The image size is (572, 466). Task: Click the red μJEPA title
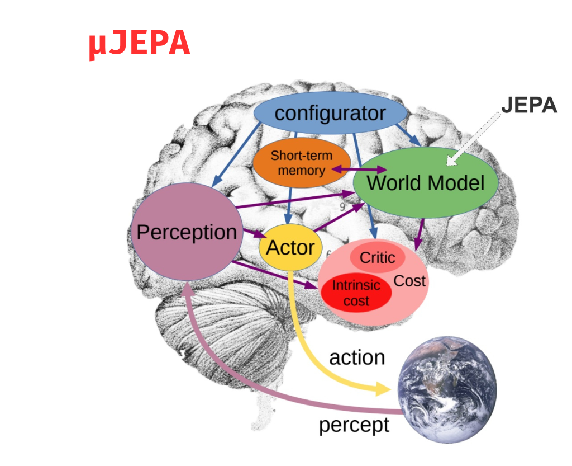tap(139, 44)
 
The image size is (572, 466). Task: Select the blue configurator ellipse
tap(330, 114)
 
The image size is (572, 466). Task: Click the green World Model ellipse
tap(426, 183)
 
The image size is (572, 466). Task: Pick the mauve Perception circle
tap(186, 232)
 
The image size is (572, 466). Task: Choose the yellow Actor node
tap(290, 248)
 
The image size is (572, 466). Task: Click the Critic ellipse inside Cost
tap(377, 258)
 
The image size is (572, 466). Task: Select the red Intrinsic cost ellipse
tap(356, 293)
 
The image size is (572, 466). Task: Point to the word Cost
tap(409, 281)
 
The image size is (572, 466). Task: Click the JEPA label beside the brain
tap(528, 105)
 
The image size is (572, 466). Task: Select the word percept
tap(354, 425)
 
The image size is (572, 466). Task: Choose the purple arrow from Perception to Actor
tap(252, 236)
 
